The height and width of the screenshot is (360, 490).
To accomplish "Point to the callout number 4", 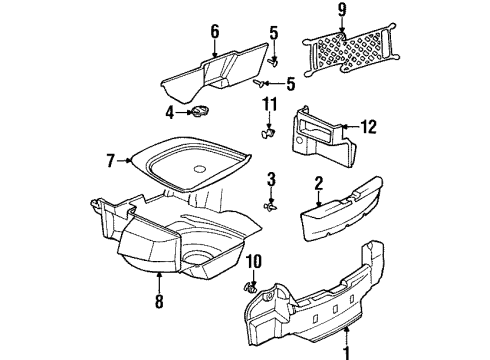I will (x=171, y=111).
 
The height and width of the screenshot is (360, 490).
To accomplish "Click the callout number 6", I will (x=214, y=31).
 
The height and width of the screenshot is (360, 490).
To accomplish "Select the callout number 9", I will (x=369, y=12).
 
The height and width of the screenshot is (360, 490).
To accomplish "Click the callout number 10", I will (x=253, y=262).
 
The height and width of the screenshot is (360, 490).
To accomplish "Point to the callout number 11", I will (x=267, y=104).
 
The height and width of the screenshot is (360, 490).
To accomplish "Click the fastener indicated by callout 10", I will (x=254, y=289).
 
